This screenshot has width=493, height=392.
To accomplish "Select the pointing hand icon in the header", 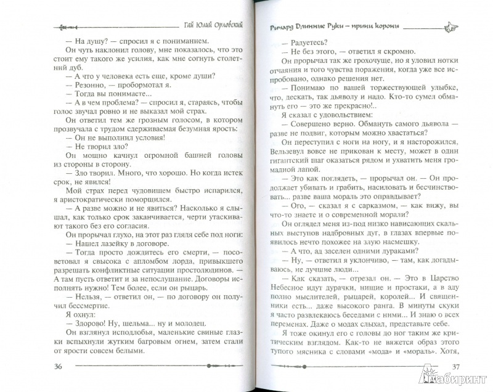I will [x=449, y=28].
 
